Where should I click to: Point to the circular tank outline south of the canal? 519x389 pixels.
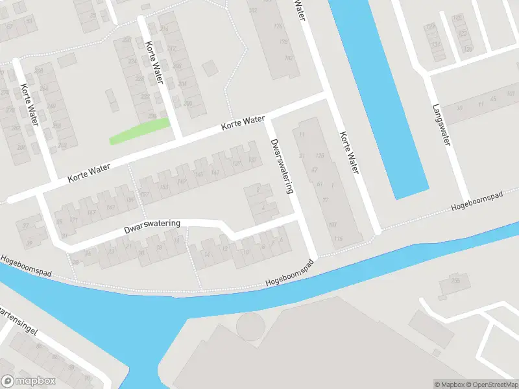(251, 325)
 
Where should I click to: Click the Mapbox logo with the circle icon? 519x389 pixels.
(29, 381)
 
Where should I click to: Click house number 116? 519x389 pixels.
(338, 239)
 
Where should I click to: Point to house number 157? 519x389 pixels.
(145, 194)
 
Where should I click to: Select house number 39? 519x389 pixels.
(29, 242)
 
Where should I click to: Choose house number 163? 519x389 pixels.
(111, 207)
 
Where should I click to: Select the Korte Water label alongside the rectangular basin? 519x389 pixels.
(348, 153)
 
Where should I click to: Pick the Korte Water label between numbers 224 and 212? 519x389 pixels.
(154, 63)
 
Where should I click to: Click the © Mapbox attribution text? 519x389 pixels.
(450, 384)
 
